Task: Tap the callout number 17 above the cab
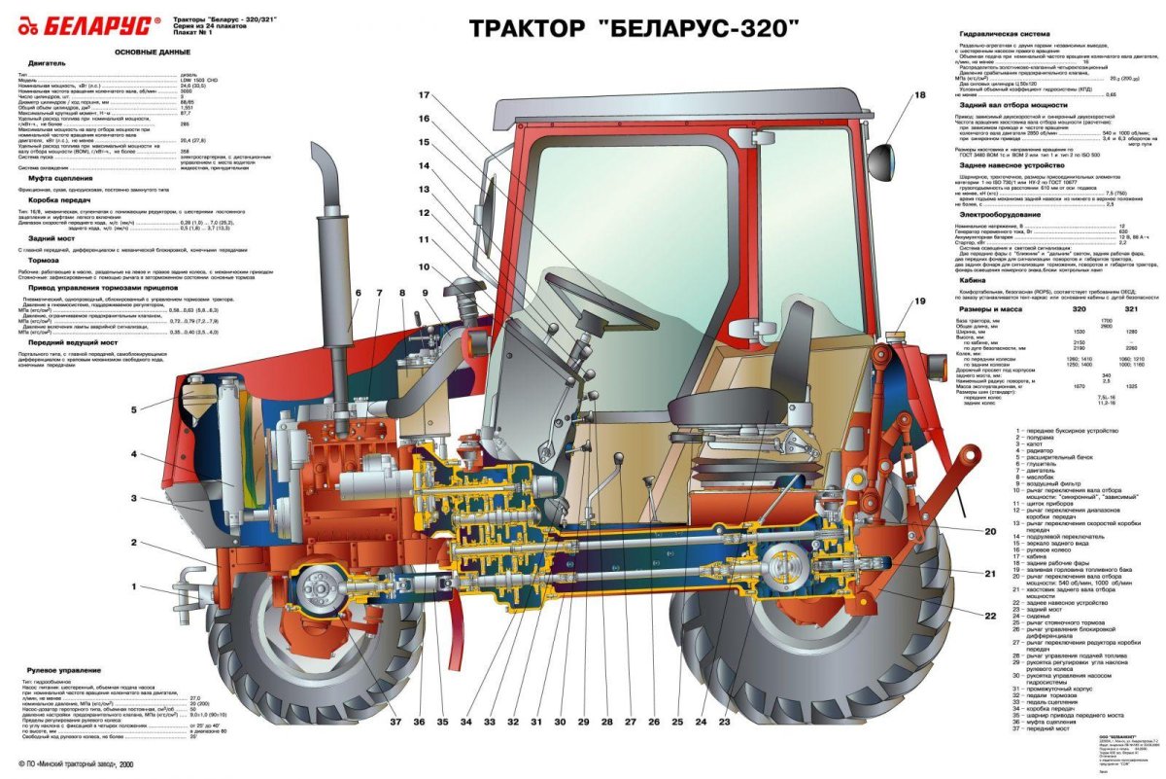[x=424, y=95]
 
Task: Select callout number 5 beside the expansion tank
[x=135, y=409]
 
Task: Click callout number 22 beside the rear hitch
[x=990, y=616]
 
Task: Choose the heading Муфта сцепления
[x=61, y=179]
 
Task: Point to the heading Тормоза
[x=45, y=261]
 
